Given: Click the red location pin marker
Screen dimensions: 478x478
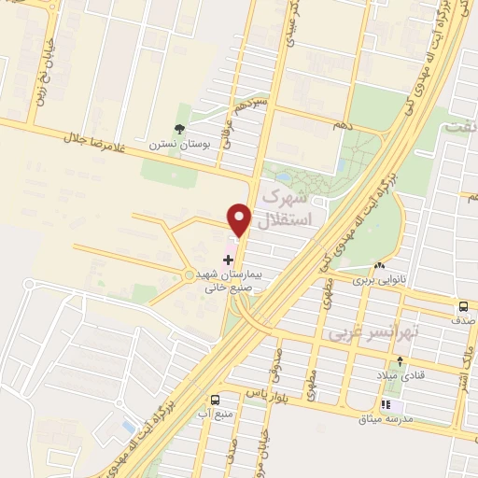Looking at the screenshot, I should [240, 219].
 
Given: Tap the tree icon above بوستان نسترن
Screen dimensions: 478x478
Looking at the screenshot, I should [179, 130].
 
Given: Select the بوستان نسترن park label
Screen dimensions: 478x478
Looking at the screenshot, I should [180, 146].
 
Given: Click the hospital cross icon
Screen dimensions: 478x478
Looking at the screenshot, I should [228, 258].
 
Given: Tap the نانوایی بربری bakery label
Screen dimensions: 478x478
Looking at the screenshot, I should [379, 278].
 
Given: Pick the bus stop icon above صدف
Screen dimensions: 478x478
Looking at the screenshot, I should [463, 306].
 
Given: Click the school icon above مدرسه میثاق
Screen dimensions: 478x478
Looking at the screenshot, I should [391, 405].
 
